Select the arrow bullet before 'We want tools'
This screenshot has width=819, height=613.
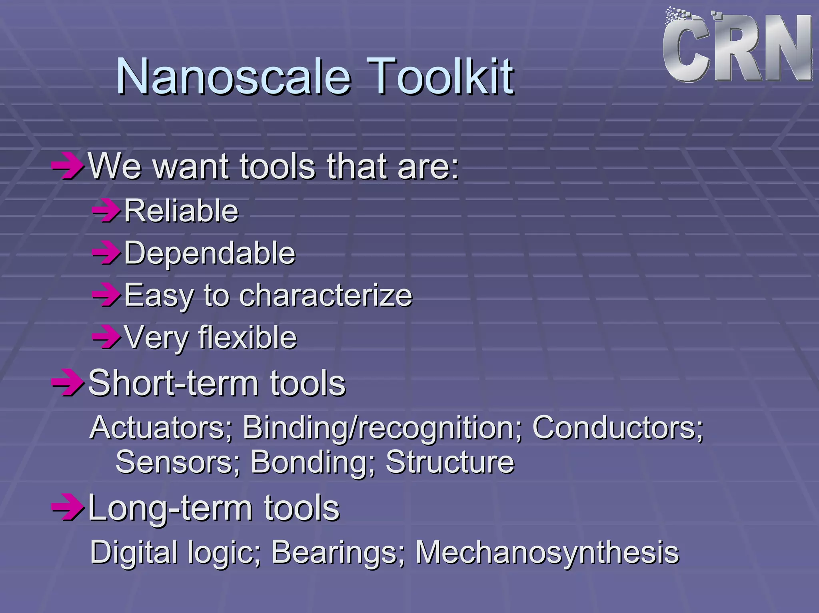tap(67, 165)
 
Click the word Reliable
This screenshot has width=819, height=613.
tap(181, 211)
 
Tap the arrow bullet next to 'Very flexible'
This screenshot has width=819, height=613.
tap(106, 337)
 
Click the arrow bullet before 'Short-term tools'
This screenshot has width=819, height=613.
tap(67, 382)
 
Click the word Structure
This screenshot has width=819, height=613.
tap(450, 462)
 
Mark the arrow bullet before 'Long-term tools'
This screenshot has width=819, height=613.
tap(67, 508)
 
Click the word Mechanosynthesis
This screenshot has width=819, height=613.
tap(547, 553)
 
